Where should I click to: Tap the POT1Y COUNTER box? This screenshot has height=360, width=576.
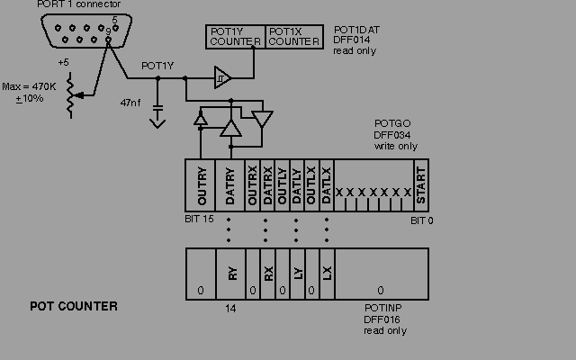click(x=235, y=36)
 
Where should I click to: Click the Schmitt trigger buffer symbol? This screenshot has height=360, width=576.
click(x=221, y=78)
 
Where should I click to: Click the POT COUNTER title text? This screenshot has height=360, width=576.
click(x=74, y=307)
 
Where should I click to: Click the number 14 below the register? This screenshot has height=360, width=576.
click(x=231, y=309)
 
